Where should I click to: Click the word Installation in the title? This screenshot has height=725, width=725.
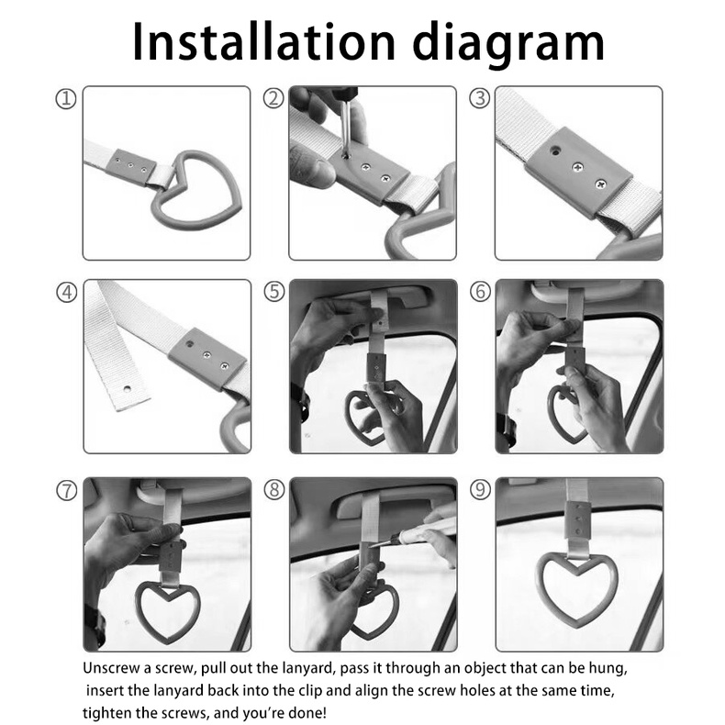[263, 41]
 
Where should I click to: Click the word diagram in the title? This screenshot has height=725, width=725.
[508, 44]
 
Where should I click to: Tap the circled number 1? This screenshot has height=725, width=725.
[66, 99]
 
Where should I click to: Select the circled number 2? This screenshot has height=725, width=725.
[273, 99]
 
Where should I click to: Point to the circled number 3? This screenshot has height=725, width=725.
[479, 99]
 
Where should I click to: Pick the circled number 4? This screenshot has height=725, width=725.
[67, 292]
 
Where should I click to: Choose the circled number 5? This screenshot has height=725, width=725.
[274, 292]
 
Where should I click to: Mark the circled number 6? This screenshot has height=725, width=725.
[480, 292]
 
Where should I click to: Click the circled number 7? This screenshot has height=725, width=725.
[67, 490]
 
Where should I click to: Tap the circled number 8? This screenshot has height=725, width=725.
[274, 490]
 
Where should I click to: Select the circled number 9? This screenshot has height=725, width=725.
[480, 490]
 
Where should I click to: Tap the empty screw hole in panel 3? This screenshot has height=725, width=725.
[555, 151]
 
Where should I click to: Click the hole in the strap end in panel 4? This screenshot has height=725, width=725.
[128, 388]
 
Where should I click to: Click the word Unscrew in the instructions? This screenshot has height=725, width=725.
[111, 668]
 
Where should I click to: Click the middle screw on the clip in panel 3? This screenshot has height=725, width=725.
[578, 167]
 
